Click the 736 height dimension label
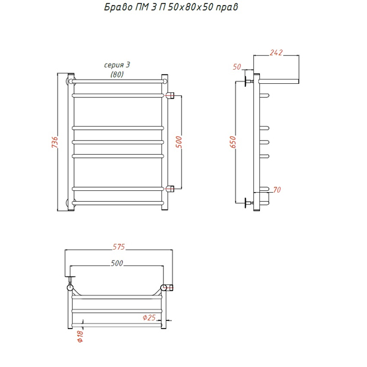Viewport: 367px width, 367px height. (x=54, y=142)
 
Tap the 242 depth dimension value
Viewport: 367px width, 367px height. (x=276, y=53)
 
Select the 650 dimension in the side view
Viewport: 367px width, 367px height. (x=233, y=142)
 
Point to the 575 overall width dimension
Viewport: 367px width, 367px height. (x=119, y=247)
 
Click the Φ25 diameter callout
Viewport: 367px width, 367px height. (x=149, y=317)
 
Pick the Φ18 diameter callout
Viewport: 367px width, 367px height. (x=80, y=336)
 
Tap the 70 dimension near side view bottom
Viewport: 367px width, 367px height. (x=277, y=190)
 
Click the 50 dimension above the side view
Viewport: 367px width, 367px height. (x=237, y=67)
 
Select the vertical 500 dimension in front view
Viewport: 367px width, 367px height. (x=179, y=142)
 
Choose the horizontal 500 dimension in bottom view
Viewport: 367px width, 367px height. (x=117, y=263)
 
